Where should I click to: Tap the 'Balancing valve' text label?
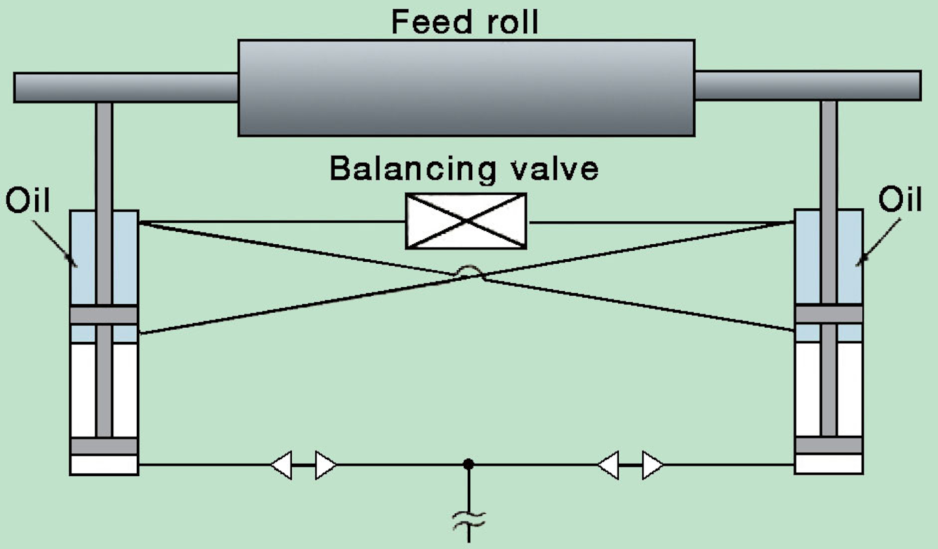click(x=464, y=169)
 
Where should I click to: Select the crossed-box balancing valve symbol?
click(x=466, y=221)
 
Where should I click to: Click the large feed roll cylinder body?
click(x=466, y=88)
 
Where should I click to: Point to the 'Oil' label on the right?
click(x=900, y=199)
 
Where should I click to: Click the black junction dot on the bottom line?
click(x=468, y=464)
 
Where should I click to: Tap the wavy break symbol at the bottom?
click(x=469, y=519)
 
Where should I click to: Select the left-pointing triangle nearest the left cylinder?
click(x=282, y=465)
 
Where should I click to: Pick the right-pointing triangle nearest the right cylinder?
click(x=652, y=465)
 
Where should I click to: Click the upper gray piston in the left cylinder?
click(x=104, y=315)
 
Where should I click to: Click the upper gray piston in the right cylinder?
click(x=829, y=314)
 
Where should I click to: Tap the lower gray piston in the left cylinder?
click(x=104, y=446)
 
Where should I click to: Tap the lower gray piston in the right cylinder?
click(x=829, y=445)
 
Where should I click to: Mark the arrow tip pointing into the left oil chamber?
click(x=76, y=265)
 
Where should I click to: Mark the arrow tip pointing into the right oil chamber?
click(x=858, y=264)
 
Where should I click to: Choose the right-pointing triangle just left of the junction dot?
click(x=326, y=465)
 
